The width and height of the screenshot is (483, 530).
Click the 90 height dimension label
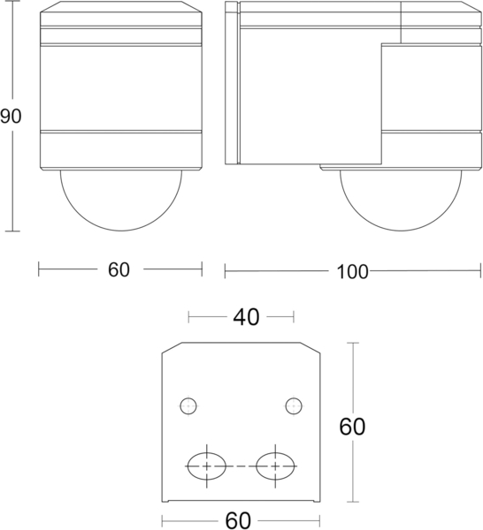click(11, 117)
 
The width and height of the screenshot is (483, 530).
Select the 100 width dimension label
click(352, 271)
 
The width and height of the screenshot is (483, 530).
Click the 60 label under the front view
click(119, 270)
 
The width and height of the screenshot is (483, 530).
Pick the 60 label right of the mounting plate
click(353, 426)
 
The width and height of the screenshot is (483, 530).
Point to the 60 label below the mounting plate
click(239, 520)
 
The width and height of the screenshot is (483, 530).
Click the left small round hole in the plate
click(188, 406)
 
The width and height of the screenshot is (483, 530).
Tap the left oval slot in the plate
click(206, 466)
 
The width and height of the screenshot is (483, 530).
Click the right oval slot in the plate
click(274, 466)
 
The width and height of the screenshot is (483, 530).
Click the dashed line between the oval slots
click(240, 466)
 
